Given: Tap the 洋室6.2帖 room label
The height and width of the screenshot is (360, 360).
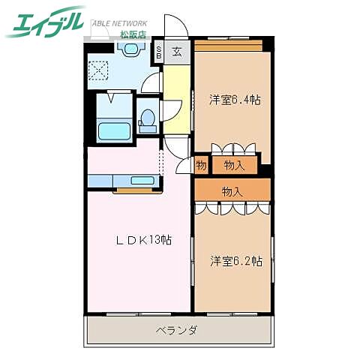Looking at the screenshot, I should (x=235, y=261).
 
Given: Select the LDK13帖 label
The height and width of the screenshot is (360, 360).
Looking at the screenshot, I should (x=143, y=241).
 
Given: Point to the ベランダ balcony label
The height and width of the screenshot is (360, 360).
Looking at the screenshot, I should (x=177, y=330).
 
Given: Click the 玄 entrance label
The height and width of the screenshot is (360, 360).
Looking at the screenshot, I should (x=175, y=52).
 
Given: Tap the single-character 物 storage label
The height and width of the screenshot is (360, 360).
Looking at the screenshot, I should (x=201, y=165).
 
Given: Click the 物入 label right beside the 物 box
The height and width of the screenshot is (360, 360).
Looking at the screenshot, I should (x=234, y=165).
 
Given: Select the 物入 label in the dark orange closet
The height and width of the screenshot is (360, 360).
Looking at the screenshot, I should (x=232, y=191).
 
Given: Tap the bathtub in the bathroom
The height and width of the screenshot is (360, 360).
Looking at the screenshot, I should (x=115, y=132).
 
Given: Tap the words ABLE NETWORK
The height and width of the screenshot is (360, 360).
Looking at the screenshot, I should (x=120, y=23).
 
